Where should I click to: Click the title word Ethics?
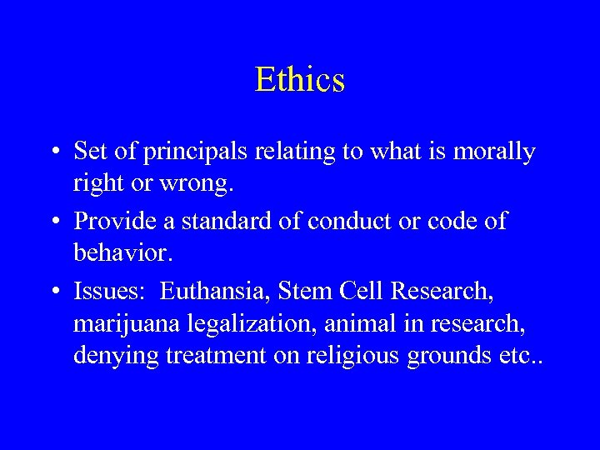(300, 80)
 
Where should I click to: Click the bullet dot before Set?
(52, 152)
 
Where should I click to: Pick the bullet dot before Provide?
(52, 222)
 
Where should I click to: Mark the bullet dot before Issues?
(52, 292)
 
